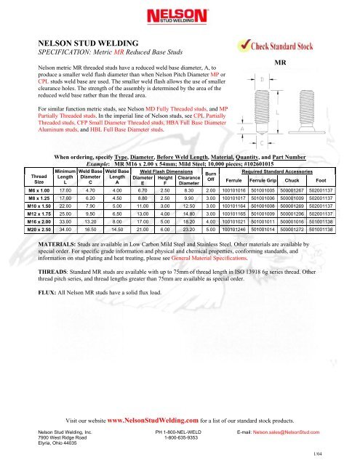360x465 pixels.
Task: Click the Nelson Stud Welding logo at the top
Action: coord(177,16)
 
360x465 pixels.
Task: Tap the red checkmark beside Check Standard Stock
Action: coord(245,45)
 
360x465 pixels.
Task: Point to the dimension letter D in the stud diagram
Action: coord(262,79)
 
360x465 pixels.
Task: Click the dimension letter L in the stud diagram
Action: coord(278,113)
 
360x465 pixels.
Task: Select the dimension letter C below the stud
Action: coord(262,143)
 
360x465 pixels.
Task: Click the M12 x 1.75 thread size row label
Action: coord(39,214)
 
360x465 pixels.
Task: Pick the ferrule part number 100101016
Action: coord(234,190)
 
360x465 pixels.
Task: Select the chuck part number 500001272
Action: coord(292,230)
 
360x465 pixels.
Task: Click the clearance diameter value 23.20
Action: coord(189,230)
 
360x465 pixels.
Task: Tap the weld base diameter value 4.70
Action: coord(90,190)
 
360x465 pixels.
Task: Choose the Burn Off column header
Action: coord(211,177)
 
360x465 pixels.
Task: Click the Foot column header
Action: coord(321,180)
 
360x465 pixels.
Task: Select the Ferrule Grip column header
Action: coord(263,180)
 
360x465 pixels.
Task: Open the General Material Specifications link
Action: coord(209,258)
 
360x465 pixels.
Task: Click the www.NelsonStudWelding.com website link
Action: coord(153,420)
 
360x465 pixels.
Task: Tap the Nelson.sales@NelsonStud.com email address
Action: coord(286,432)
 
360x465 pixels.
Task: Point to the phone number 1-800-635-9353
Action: coord(181,437)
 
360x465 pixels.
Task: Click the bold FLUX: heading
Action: coord(47,292)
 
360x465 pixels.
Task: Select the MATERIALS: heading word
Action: coord(57,244)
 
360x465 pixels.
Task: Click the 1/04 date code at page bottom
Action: coord(318,453)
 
